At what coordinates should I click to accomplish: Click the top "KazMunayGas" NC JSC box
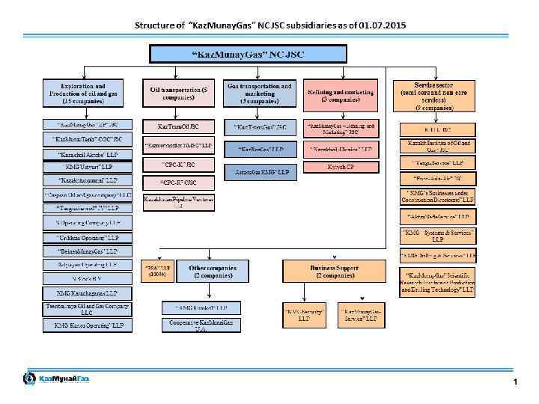tap(249, 54)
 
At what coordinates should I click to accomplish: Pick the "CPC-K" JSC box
tap(179, 164)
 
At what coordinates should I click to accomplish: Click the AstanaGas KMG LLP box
tap(260, 173)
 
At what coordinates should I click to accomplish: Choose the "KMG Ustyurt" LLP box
tap(88, 167)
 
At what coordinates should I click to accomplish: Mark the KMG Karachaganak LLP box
tap(88, 293)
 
